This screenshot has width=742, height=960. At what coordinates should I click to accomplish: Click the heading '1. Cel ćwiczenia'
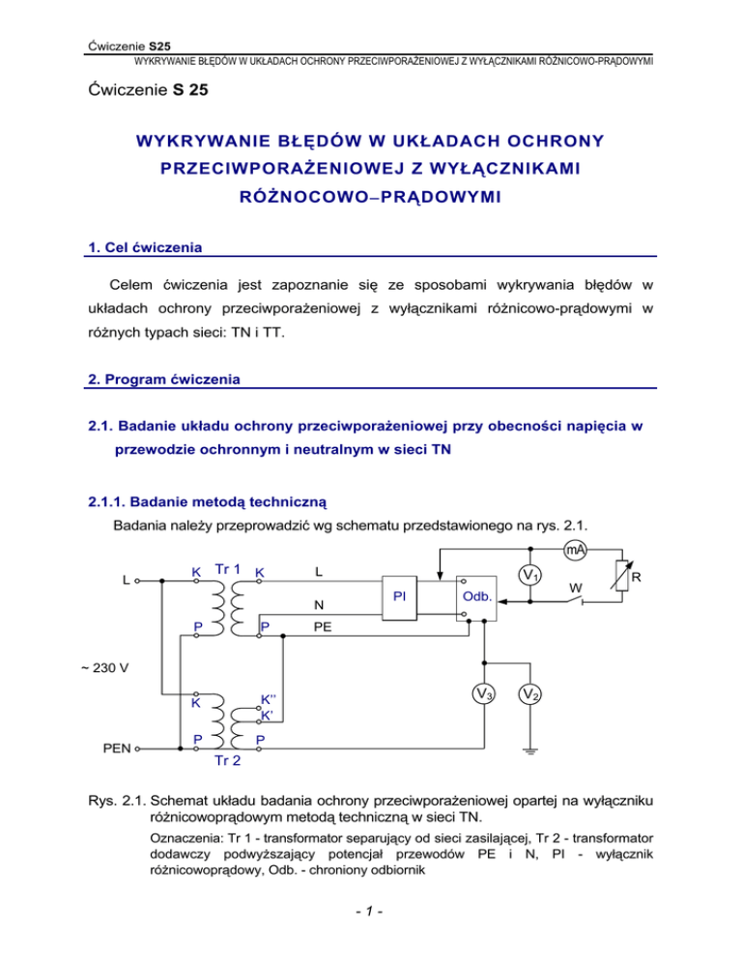pos(141,247)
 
